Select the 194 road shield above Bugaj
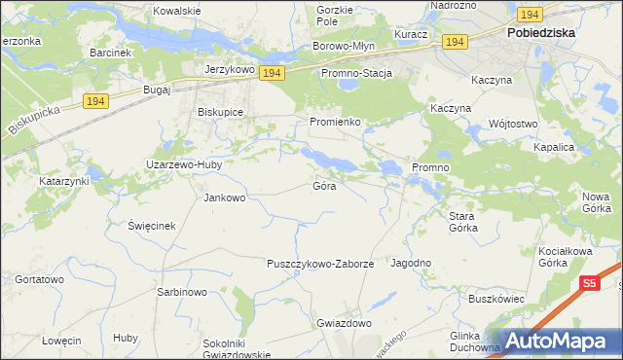click(x=94, y=101)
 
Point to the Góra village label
click(x=325, y=185)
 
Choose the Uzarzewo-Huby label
click(x=184, y=164)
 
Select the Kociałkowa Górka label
click(x=566, y=257)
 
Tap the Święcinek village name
click(x=151, y=225)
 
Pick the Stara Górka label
click(x=462, y=222)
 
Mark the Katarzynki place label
click(x=64, y=181)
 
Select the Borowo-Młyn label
click(x=344, y=46)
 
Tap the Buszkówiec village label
click(x=496, y=298)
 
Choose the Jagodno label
click(x=411, y=263)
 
